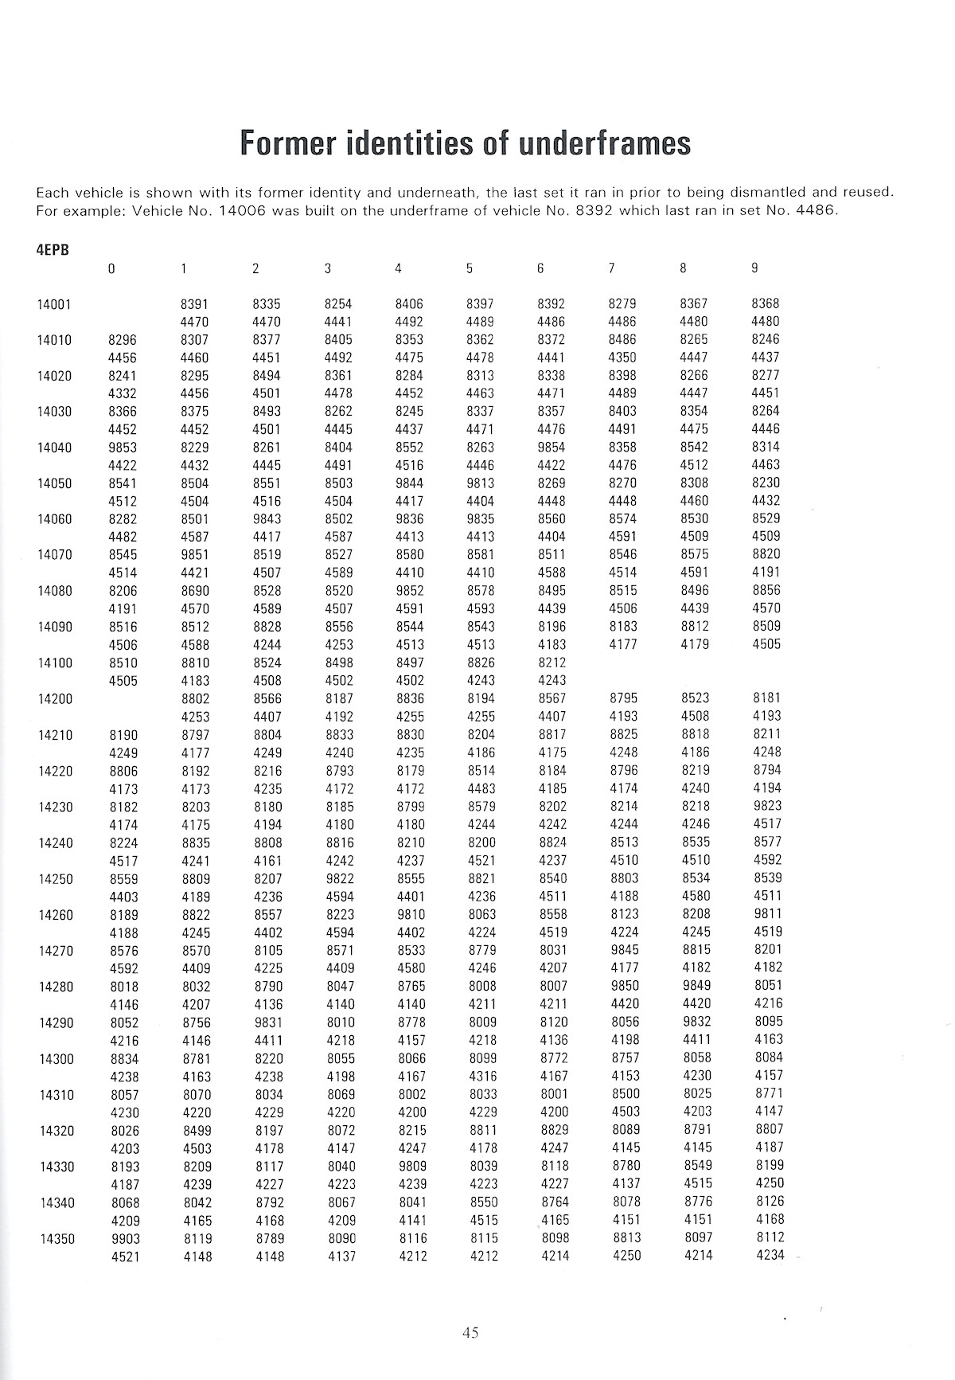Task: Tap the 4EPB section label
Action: tap(53, 249)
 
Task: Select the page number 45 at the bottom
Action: tap(470, 1333)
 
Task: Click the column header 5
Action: tap(470, 269)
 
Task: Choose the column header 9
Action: tap(754, 269)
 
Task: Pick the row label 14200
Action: tap(55, 699)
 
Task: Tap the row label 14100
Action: tap(55, 663)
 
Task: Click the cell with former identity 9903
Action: tap(124, 1239)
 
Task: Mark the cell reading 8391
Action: tap(195, 304)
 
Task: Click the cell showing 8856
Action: tap(766, 591)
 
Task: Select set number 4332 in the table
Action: tap(124, 393)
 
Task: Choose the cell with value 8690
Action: tap(195, 591)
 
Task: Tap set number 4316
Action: tap(481, 1077)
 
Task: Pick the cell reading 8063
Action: tap(481, 915)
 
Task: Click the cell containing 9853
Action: tap(124, 448)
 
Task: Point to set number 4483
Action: tap(481, 789)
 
